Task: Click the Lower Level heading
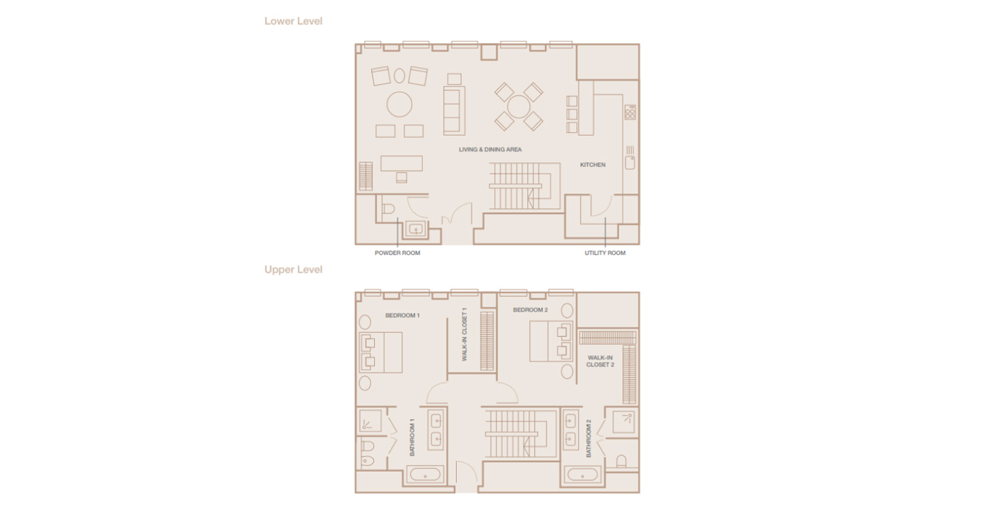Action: click(293, 21)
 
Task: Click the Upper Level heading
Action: click(293, 269)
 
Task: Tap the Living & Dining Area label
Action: click(490, 149)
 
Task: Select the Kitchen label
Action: click(593, 165)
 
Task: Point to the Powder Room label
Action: click(397, 253)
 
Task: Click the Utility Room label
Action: click(605, 253)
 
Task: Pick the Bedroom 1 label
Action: click(402, 316)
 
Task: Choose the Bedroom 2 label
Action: click(530, 309)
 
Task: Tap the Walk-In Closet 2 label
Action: click(600, 361)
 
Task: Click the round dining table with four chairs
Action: click(518, 107)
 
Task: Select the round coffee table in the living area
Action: click(399, 104)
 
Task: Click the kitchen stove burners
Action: click(630, 112)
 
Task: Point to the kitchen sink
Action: click(630, 162)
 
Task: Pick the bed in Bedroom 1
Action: click(381, 353)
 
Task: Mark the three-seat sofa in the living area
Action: click(454, 111)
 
